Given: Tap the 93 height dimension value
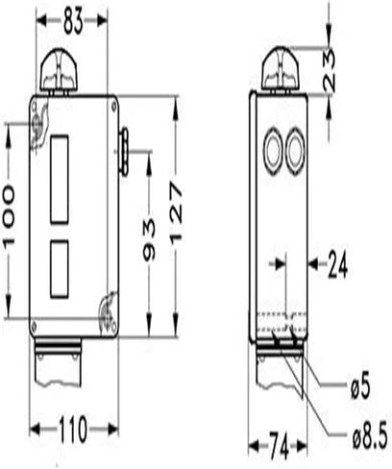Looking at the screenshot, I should click(x=149, y=240).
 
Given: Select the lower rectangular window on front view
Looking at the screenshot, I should click(x=60, y=268).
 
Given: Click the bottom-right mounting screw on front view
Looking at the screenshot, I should click(x=110, y=311).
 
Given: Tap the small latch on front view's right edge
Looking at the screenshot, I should click(x=122, y=154).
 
